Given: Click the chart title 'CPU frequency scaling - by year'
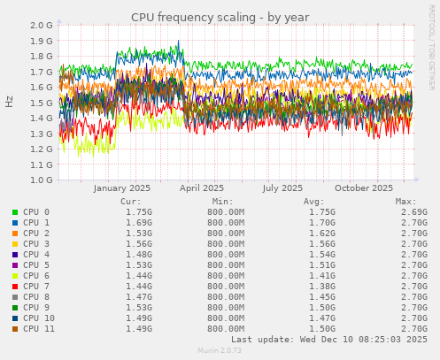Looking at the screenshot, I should pyautogui.click(x=220, y=17).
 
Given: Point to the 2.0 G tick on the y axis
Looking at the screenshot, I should pyautogui.click(x=40, y=26).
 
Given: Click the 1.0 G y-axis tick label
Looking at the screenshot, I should pyautogui.click(x=40, y=180).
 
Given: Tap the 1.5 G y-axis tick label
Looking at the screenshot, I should pyautogui.click(x=40, y=103).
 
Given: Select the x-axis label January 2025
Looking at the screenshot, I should pyautogui.click(x=121, y=188).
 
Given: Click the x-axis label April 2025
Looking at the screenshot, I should pyautogui.click(x=202, y=188).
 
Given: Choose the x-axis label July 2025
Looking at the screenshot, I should pyautogui.click(x=282, y=188).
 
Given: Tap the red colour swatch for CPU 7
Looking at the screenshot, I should pyautogui.click(x=15, y=287).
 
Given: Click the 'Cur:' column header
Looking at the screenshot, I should pyautogui.click(x=130, y=202).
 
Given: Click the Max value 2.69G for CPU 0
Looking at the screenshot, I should pyautogui.click(x=413, y=212).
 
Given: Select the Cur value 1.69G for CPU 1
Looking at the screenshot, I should pyautogui.click(x=140, y=223).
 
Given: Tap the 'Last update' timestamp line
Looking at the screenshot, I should pyautogui.click(x=329, y=340).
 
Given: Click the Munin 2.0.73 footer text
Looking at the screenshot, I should pyautogui.click(x=220, y=351).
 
